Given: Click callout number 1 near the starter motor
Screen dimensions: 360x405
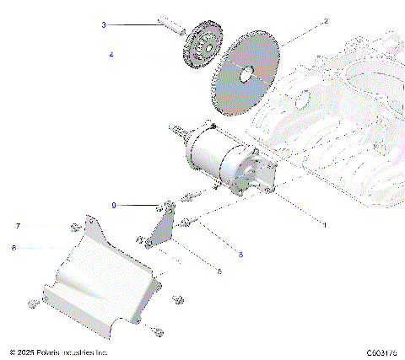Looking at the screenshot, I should pos(324,225).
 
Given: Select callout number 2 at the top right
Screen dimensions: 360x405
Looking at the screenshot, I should pos(327,21).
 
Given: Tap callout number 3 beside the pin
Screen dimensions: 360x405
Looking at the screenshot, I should pos(104,25).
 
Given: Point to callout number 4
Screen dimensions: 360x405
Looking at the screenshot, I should pos(111,55).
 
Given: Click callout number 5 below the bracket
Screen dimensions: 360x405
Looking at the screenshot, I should pos(219,271).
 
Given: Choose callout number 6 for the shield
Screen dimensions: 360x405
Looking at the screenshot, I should pos(14,248).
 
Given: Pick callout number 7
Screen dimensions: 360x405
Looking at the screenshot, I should pos(16,226).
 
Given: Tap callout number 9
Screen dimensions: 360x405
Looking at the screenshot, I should pos(114,205).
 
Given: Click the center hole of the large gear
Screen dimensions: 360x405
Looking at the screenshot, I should pos(248,74).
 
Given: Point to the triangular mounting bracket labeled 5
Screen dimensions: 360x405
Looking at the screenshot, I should pos(159,228).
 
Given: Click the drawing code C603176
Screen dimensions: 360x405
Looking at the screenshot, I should pos(381,352).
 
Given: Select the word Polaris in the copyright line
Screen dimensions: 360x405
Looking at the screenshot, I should pos(51,352).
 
